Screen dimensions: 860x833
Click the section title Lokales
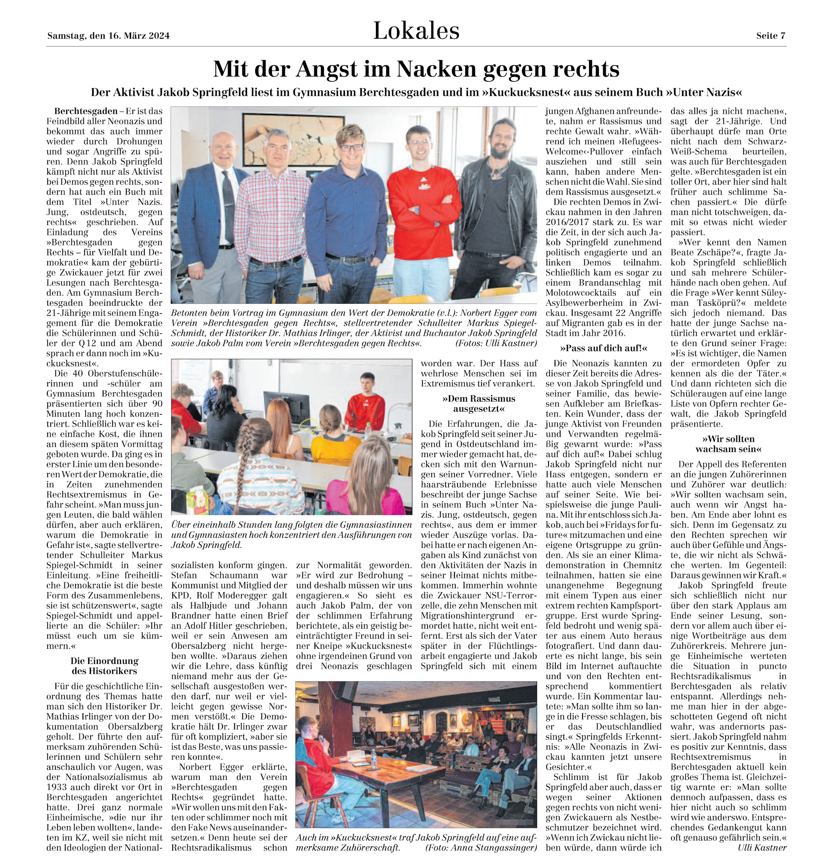(416, 31)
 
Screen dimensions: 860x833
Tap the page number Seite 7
(771, 36)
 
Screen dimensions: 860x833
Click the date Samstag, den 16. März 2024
(108, 36)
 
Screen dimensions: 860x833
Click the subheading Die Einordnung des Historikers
(104, 666)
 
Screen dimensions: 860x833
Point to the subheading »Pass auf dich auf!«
(603, 348)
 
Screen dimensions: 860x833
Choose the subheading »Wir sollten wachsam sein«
(728, 444)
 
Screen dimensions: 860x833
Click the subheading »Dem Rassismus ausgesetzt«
(478, 404)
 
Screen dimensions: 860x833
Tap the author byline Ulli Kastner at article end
(762, 847)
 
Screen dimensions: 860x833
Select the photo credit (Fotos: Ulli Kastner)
(496, 343)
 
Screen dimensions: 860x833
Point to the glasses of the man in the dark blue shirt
(351, 148)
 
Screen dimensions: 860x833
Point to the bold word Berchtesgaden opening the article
(85, 111)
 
